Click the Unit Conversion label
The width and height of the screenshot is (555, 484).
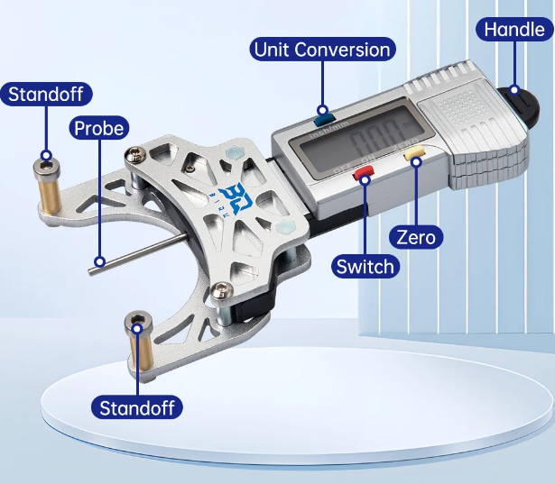(x=322, y=49)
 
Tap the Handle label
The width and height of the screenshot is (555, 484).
(x=513, y=28)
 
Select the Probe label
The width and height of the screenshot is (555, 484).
(x=98, y=128)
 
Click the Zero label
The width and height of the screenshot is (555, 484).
(x=416, y=238)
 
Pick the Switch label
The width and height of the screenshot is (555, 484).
(x=365, y=266)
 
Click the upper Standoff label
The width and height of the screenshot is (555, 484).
(x=51, y=94)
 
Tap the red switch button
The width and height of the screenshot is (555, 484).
(x=364, y=171)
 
